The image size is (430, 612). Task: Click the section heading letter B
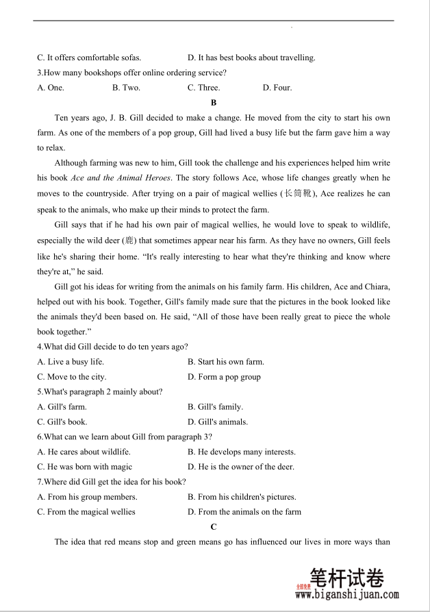pyautogui.click(x=214, y=103)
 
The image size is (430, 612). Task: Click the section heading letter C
pyautogui.click(x=214, y=526)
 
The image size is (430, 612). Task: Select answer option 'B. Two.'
pyautogui.click(x=126, y=88)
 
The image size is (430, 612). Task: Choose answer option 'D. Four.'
pyautogui.click(x=277, y=88)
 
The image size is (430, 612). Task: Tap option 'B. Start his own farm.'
pyautogui.click(x=225, y=362)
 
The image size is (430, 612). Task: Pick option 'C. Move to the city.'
pyautogui.click(x=72, y=377)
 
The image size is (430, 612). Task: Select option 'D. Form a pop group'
pyautogui.click(x=224, y=377)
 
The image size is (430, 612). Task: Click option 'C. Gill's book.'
pyautogui.click(x=62, y=422)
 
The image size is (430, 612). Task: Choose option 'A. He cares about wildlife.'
pyautogui.click(x=84, y=452)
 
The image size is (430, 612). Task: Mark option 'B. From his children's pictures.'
pyautogui.click(x=242, y=497)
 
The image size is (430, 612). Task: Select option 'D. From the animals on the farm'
pyautogui.click(x=244, y=512)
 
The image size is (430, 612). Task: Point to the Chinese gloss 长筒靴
pyautogui.click(x=299, y=194)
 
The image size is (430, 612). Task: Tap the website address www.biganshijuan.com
pyautogui.click(x=347, y=596)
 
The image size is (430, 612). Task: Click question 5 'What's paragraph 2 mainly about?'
pyautogui.click(x=100, y=392)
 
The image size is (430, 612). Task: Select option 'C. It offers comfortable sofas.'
pyautogui.click(x=89, y=58)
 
